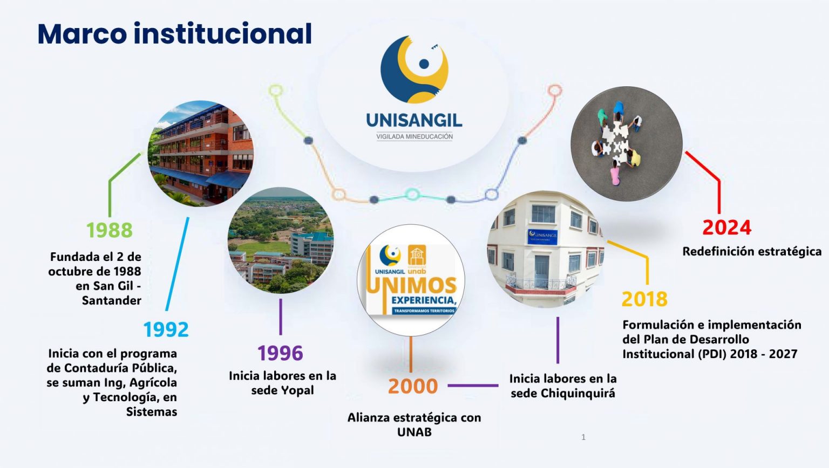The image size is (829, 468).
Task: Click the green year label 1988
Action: tap(110, 230)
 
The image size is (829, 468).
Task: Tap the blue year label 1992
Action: tap(166, 329)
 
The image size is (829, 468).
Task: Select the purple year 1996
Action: tap(280, 353)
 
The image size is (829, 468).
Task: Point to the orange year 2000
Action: tap(413, 386)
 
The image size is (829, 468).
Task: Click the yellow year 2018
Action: tap(644, 299)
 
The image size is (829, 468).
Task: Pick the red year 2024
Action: tap(727, 228)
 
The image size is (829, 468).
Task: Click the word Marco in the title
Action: tap(82, 34)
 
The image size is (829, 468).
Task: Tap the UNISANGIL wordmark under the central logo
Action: tap(414, 121)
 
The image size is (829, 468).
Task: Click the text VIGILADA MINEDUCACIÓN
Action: tap(414, 137)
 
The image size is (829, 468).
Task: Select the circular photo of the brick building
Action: tap(201, 153)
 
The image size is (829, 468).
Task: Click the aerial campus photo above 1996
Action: tap(281, 240)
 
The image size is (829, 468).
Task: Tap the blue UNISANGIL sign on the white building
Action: tap(542, 237)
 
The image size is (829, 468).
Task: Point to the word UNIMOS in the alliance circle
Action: tap(412, 285)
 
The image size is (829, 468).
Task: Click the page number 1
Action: tap(583, 437)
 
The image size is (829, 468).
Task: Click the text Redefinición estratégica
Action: tap(752, 251)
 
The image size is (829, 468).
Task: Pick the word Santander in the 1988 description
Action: tap(111, 300)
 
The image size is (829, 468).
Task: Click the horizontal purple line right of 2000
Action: tap(473, 386)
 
